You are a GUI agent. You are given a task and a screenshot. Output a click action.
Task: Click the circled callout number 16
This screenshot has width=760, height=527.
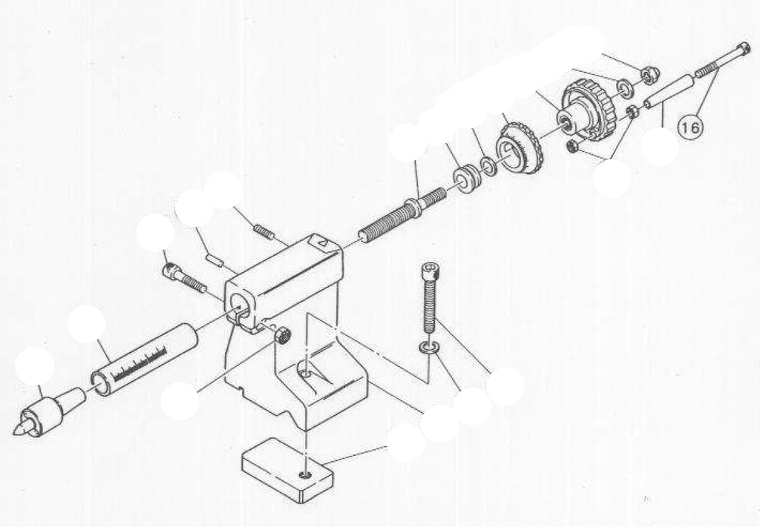[x=689, y=127]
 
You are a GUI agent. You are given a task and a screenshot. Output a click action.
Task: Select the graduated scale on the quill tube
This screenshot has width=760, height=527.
[x=140, y=363]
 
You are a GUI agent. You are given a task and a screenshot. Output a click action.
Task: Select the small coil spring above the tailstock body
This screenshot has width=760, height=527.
[x=263, y=232]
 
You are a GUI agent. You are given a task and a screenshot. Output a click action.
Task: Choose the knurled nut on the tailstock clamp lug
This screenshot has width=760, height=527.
[x=282, y=335]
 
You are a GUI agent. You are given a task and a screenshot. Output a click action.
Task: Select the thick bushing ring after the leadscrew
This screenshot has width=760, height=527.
[x=467, y=178]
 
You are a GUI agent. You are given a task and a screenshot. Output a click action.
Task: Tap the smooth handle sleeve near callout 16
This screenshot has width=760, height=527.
[x=669, y=92]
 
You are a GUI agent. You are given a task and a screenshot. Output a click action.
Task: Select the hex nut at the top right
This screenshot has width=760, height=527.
[x=649, y=74]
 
